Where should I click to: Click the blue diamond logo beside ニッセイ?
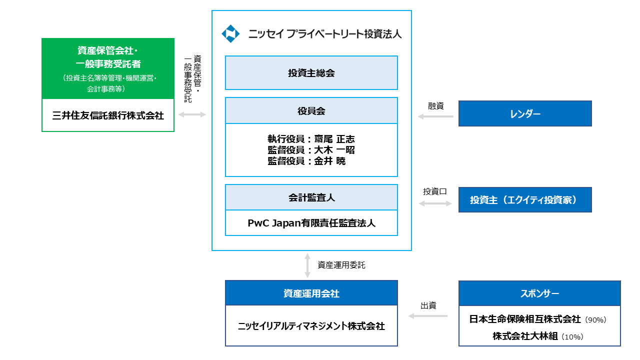(x=230, y=33)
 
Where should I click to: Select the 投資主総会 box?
(x=311, y=73)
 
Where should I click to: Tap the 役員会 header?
(x=311, y=111)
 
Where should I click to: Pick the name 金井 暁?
(x=330, y=161)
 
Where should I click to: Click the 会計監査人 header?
(x=311, y=197)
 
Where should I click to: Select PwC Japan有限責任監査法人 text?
(x=311, y=223)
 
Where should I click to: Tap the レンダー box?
(x=525, y=113)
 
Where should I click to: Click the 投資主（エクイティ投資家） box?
(x=525, y=200)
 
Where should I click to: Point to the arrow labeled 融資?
(x=435, y=116)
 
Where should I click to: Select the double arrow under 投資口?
(x=435, y=203)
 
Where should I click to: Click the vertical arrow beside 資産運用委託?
(x=307, y=265)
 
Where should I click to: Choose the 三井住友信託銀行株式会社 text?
(x=108, y=115)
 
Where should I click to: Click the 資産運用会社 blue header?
(x=311, y=293)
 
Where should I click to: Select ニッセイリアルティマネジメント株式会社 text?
(x=311, y=326)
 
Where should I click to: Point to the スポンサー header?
(x=539, y=293)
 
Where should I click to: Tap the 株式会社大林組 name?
(x=525, y=336)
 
